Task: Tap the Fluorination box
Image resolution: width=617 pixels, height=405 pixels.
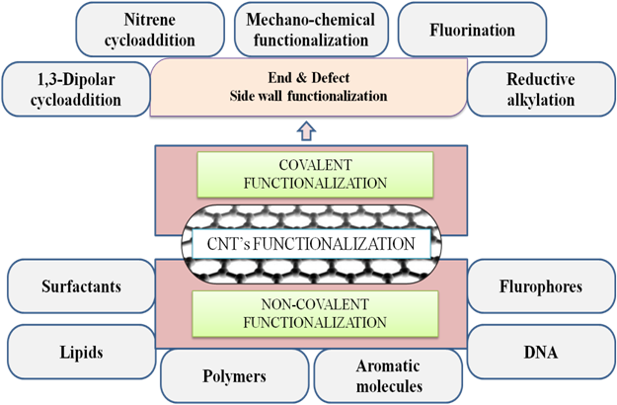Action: pos(472,30)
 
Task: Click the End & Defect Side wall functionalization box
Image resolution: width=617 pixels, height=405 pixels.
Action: pos(306,87)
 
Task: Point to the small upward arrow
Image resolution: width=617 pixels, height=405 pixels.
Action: pos(306,128)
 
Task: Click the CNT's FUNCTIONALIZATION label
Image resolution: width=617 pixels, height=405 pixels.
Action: pos(307,243)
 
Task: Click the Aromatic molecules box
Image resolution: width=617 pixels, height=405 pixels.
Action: pos(389,376)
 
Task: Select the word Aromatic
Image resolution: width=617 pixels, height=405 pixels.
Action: pos(389,366)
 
